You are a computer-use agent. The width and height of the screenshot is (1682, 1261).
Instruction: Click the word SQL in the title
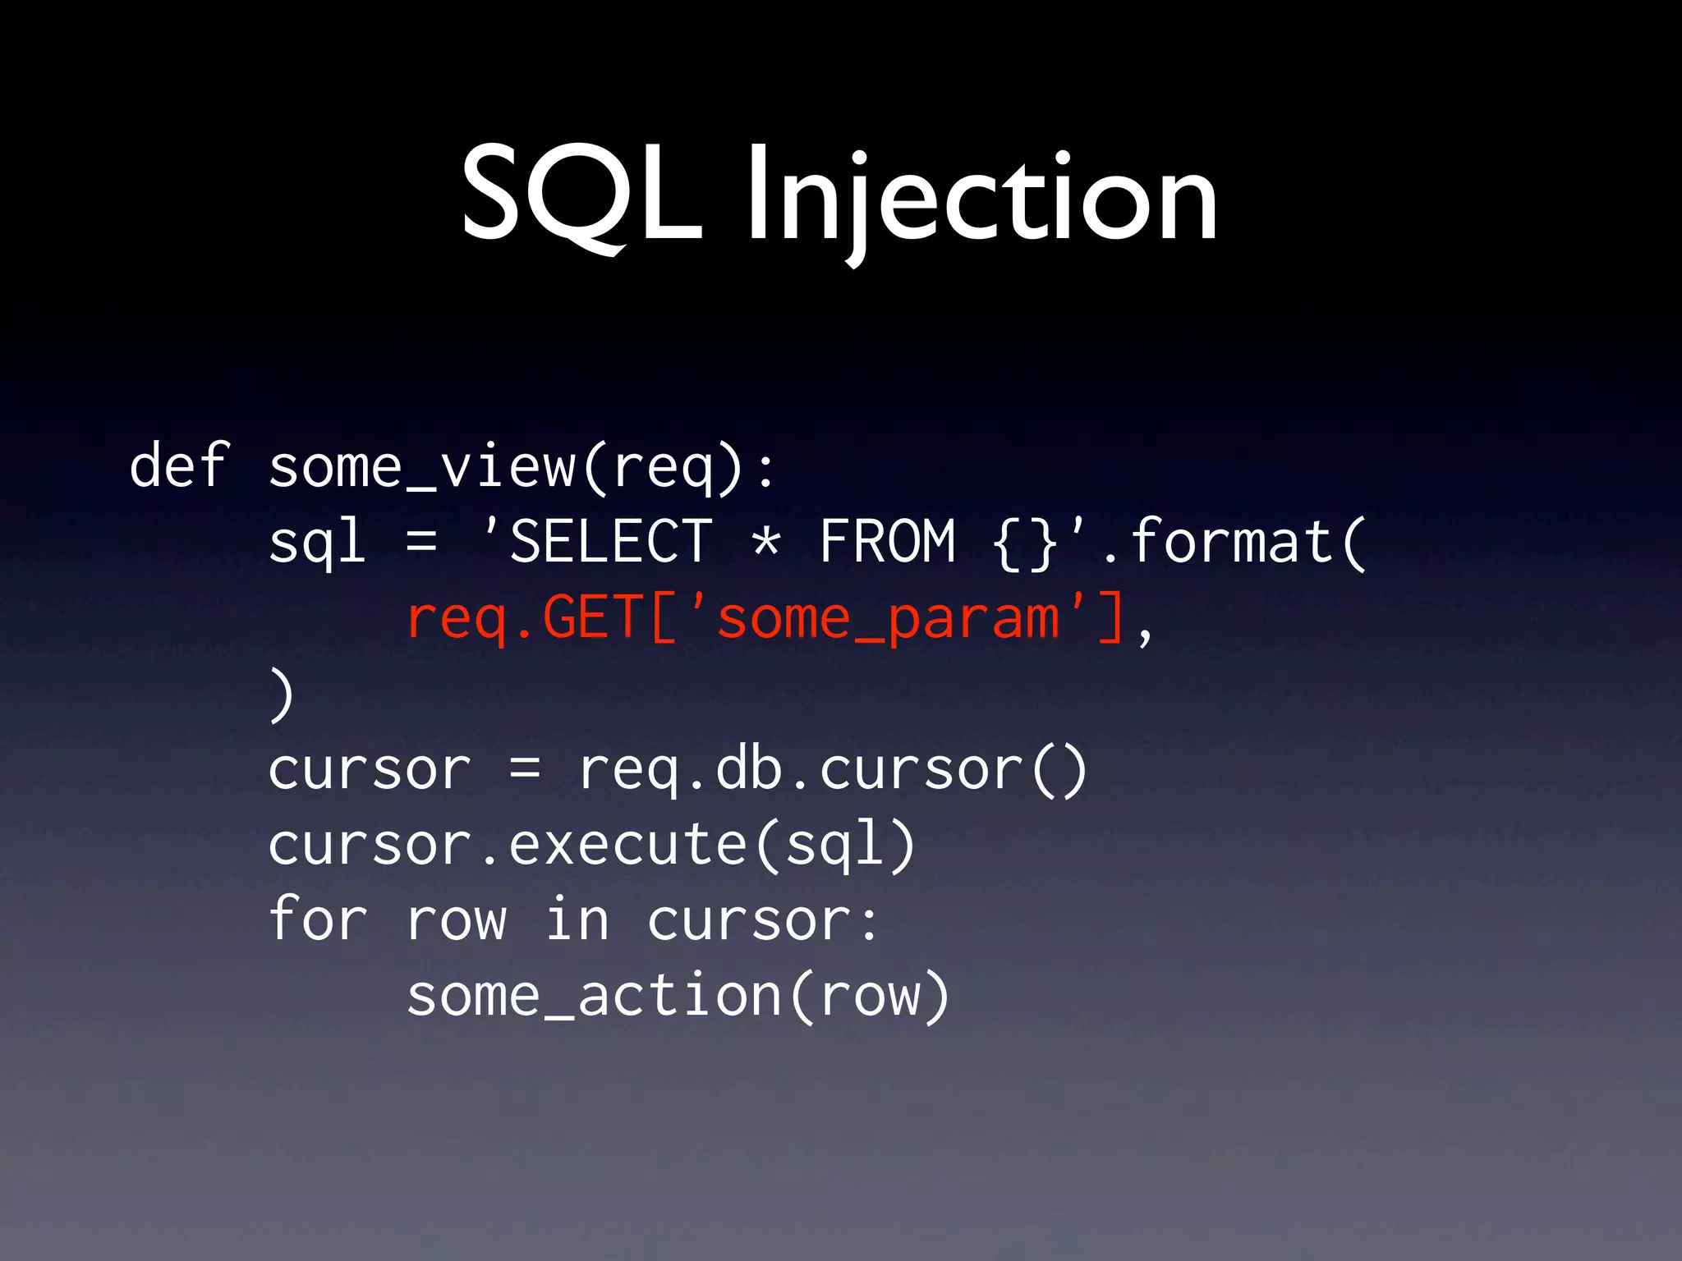pyautogui.click(x=581, y=195)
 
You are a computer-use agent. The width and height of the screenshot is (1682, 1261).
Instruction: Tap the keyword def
pyautogui.click(x=177, y=465)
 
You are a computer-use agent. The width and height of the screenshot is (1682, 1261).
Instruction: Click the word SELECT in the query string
pyautogui.click(x=611, y=542)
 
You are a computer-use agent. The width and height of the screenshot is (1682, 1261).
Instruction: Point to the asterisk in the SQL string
pyautogui.click(x=766, y=542)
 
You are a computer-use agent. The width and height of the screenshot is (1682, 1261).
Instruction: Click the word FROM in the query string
pyautogui.click(x=888, y=542)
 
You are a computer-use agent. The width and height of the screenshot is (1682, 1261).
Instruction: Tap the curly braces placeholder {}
pyautogui.click(x=1025, y=542)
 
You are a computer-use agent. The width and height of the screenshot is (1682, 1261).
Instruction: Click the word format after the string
pyautogui.click(x=1232, y=542)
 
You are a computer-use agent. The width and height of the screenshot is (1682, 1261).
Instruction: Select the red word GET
pyautogui.click(x=593, y=617)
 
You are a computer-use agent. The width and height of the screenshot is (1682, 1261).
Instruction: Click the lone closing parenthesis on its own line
pyautogui.click(x=282, y=695)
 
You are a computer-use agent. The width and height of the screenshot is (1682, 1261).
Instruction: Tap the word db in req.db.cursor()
pyautogui.click(x=749, y=770)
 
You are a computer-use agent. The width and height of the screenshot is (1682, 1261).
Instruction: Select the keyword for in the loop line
pyautogui.click(x=317, y=919)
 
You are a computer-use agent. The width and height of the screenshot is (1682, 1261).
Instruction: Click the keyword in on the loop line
pyautogui.click(x=577, y=919)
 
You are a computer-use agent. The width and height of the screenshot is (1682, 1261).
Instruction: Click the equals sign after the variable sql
pyautogui.click(x=421, y=542)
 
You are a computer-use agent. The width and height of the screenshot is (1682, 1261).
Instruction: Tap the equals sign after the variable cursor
pyautogui.click(x=525, y=770)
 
